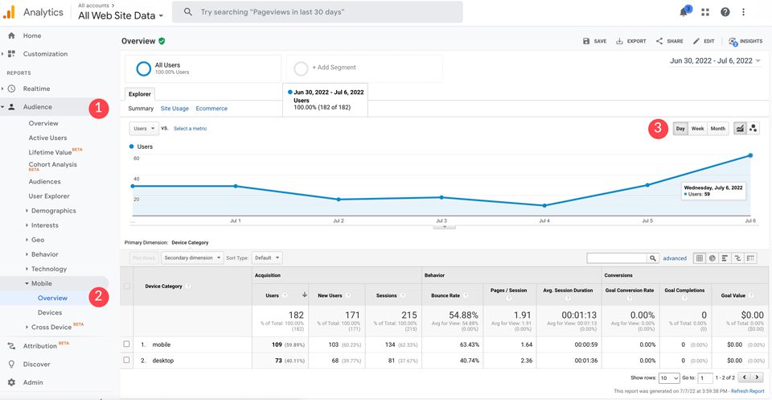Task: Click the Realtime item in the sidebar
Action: [x=36, y=89]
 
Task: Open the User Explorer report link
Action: [x=49, y=196]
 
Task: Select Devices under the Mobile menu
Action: [x=50, y=312]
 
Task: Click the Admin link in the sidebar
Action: [x=33, y=382]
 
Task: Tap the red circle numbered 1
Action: [x=97, y=108]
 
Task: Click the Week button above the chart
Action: [x=697, y=129]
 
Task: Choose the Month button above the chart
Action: [x=717, y=129]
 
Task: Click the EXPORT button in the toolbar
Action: [x=631, y=41]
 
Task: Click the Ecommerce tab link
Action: [x=211, y=109]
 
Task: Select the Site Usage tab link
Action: [x=175, y=109]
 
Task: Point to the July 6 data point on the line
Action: [x=750, y=155]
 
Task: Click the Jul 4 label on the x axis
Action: [x=544, y=220]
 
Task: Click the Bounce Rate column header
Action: [x=447, y=295]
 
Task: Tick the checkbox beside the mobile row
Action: [x=126, y=344]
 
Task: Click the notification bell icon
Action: [x=684, y=12]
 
